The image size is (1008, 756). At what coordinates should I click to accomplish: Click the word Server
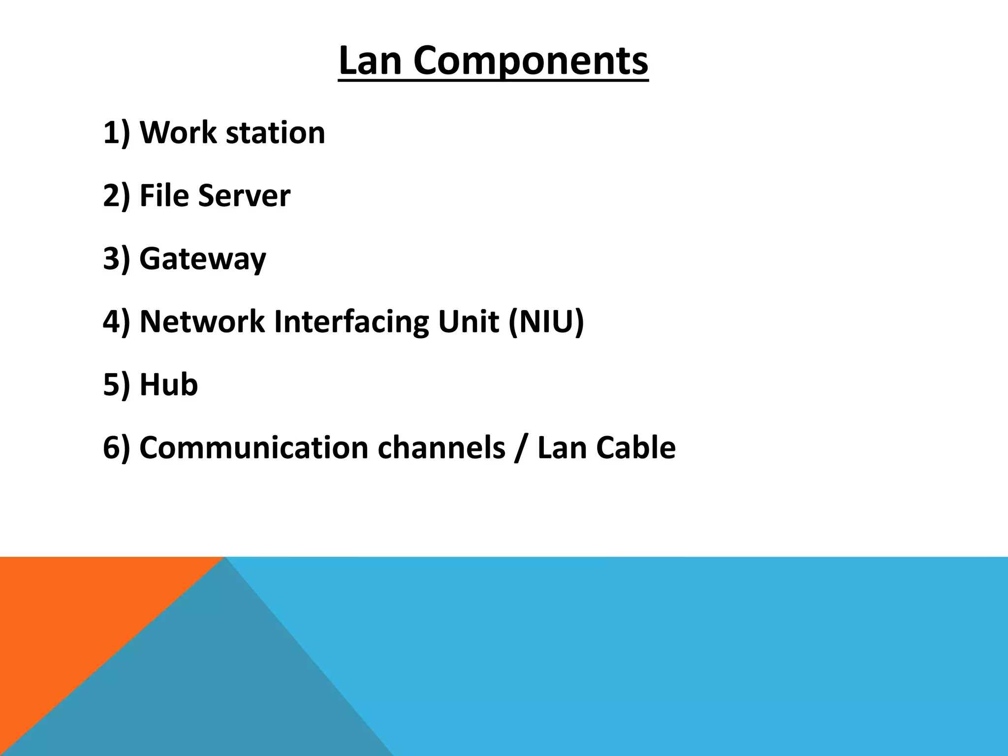tap(244, 195)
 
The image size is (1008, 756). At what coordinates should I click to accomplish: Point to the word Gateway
tap(203, 259)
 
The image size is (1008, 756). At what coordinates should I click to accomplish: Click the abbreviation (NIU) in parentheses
tap(546, 322)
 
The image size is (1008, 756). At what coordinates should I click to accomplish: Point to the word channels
tap(441, 448)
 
